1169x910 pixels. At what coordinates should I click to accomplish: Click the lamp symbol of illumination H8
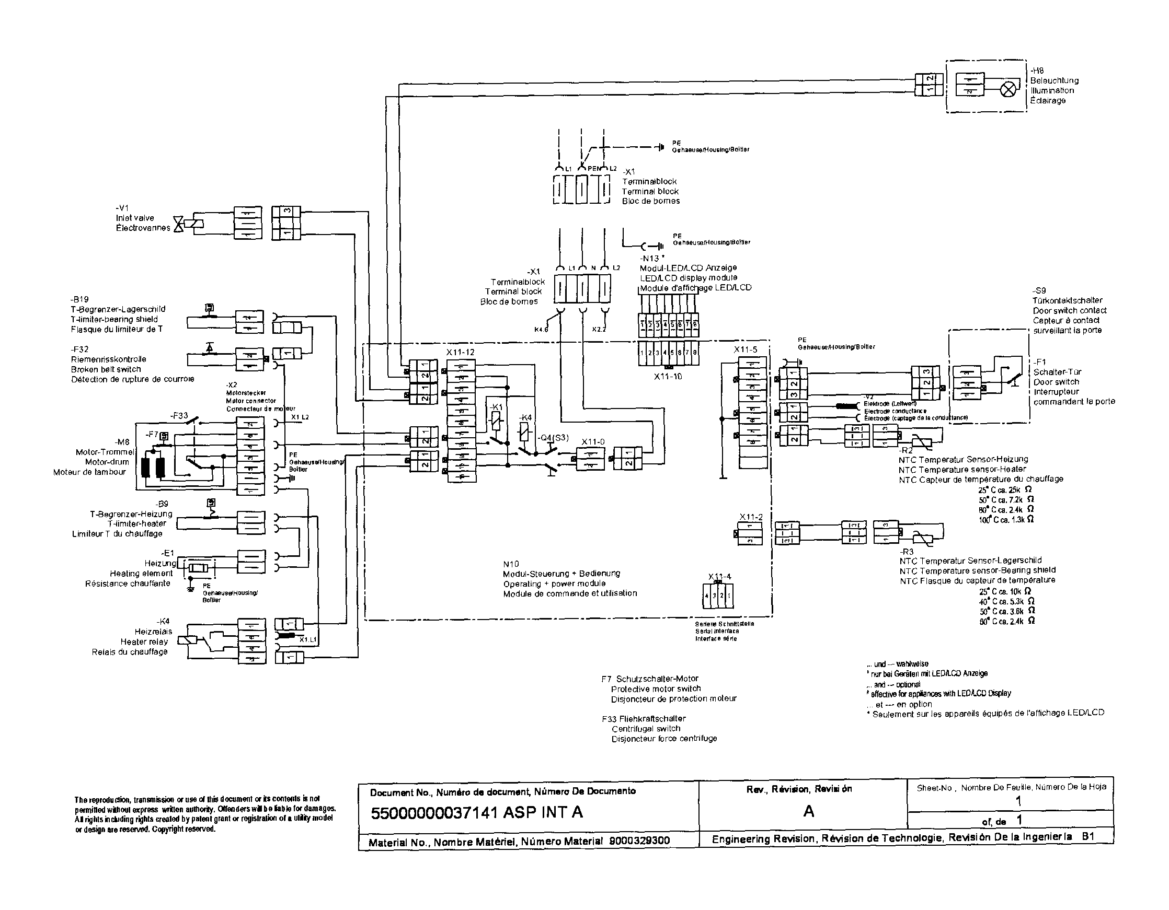pyautogui.click(x=1008, y=89)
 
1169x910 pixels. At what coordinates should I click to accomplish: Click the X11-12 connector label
pyautogui.click(x=460, y=352)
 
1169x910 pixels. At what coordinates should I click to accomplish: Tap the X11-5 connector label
pyautogui.click(x=745, y=350)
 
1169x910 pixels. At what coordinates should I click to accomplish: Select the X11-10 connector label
pyautogui.click(x=668, y=377)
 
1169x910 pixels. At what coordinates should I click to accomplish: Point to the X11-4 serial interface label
pyautogui.click(x=719, y=577)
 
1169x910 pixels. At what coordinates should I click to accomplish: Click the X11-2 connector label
pyautogui.click(x=750, y=517)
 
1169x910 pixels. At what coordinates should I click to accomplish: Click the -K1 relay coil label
pyautogui.click(x=496, y=407)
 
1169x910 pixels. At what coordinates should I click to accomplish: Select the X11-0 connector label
pyautogui.click(x=592, y=442)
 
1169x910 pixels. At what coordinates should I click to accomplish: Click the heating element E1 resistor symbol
pyautogui.click(x=199, y=569)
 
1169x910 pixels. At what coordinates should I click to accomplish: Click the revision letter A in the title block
pyautogui.click(x=808, y=812)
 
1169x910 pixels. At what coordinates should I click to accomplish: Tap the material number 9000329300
pyautogui.click(x=639, y=841)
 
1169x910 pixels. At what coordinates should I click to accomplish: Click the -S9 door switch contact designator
pyautogui.click(x=1040, y=290)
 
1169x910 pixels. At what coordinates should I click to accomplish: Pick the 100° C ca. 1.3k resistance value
pyautogui.click(x=1005, y=519)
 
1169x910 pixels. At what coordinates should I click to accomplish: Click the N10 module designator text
pyautogui.click(x=511, y=564)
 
